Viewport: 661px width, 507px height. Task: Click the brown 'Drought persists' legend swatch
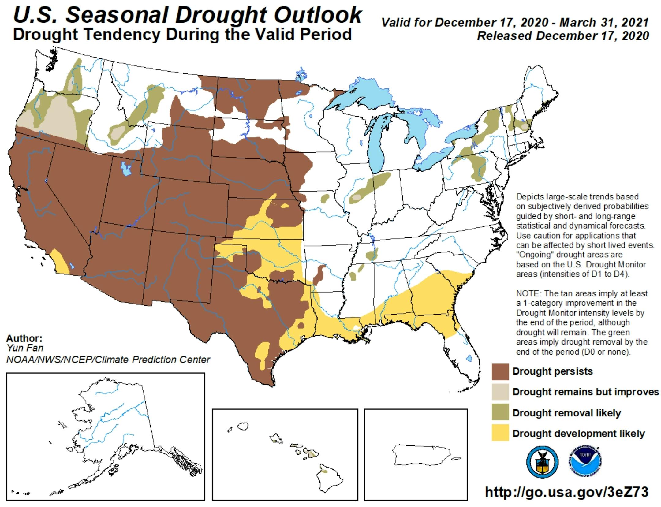(x=500, y=372)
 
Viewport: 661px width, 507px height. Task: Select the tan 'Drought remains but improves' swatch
(x=500, y=392)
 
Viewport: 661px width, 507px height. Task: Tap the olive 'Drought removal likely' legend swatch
(x=500, y=412)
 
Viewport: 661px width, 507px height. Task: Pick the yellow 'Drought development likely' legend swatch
(x=500, y=433)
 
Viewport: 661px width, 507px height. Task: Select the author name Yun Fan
(x=25, y=348)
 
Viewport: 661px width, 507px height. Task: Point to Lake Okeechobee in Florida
(x=469, y=358)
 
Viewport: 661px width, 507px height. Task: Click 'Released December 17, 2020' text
(x=563, y=36)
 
